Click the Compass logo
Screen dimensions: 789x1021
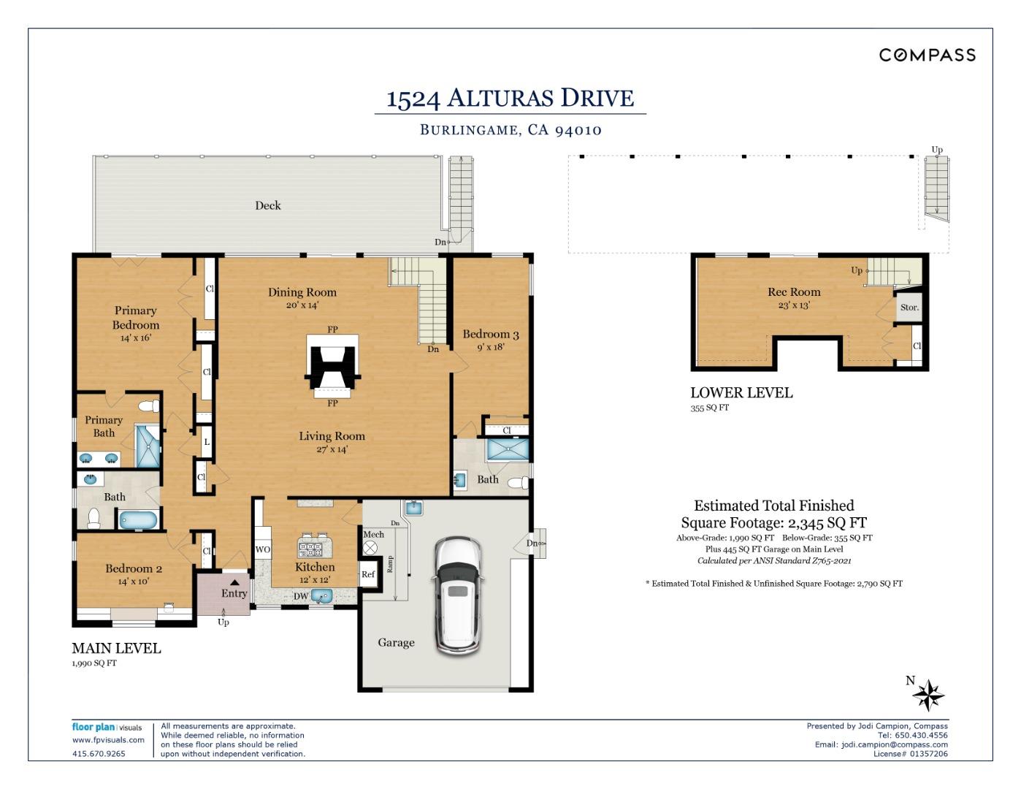click(927, 55)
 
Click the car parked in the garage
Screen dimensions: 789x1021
click(457, 595)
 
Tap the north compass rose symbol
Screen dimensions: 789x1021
click(928, 695)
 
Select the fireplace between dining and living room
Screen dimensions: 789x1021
click(332, 366)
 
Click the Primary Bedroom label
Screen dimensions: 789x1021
click(135, 318)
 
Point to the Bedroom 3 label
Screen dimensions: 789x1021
click(490, 335)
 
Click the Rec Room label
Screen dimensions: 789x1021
click(794, 292)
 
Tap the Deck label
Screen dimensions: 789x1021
click(267, 205)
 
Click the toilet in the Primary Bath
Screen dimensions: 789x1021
click(148, 406)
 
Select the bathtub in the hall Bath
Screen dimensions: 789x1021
click(137, 520)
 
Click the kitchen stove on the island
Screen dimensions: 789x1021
click(310, 549)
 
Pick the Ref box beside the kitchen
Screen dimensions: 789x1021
click(368, 574)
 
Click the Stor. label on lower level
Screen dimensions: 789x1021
click(909, 308)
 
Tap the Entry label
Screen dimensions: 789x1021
click(234, 593)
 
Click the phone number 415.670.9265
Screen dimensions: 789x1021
click(99, 754)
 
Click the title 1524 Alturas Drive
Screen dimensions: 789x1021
click(510, 98)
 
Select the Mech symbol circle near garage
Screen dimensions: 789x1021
click(370, 547)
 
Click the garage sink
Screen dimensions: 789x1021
click(413, 507)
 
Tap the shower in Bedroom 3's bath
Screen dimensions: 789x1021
click(506, 450)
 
